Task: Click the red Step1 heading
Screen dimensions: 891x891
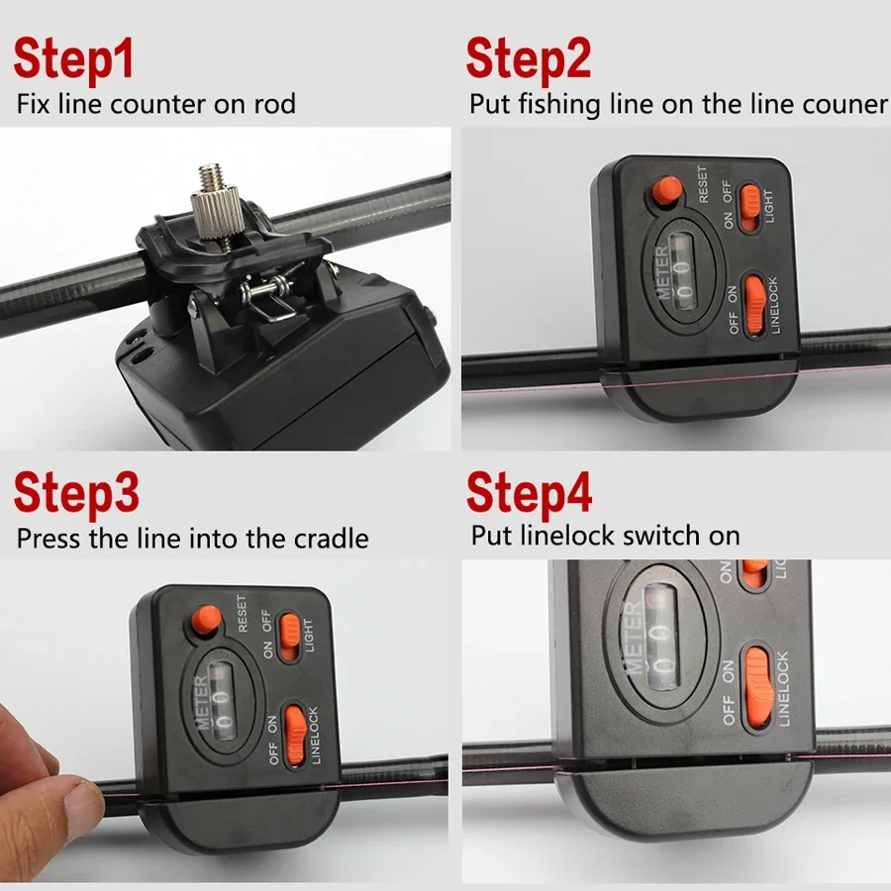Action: [73, 59]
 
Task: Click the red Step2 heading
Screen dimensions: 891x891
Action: [529, 59]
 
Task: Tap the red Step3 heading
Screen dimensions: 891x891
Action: [76, 494]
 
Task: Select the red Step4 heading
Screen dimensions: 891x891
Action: [529, 494]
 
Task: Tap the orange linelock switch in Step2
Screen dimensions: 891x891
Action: [754, 305]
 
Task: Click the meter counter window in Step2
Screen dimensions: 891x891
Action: [683, 271]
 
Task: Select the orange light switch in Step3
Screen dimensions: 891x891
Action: [290, 636]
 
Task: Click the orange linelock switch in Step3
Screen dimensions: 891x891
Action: [295, 735]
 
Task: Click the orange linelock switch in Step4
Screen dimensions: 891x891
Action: [758, 688]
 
